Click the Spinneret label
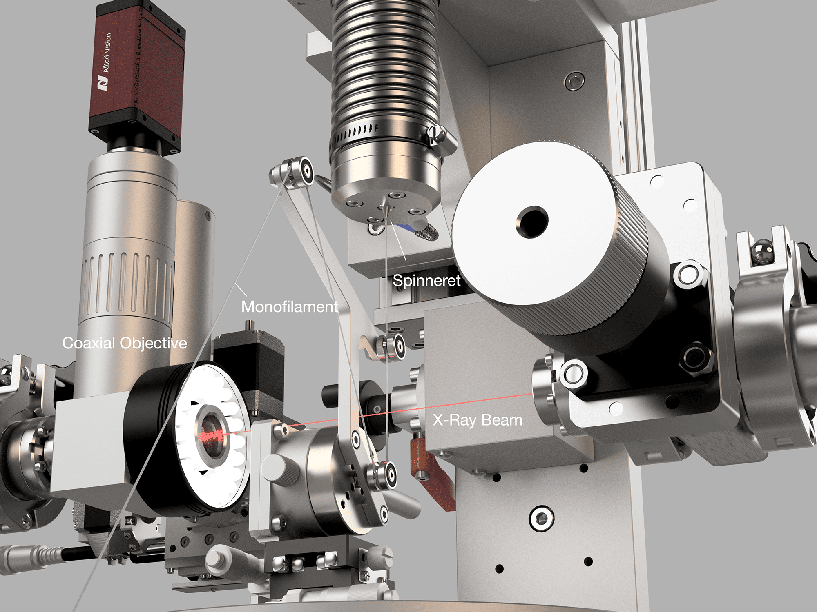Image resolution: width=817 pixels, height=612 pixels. click(x=426, y=281)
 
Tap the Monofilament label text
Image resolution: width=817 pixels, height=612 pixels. click(x=290, y=307)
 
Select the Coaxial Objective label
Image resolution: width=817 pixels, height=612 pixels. click(x=125, y=343)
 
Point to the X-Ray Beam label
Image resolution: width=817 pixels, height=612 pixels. click(x=478, y=420)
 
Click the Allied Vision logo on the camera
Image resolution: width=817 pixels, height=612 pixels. click(x=105, y=61)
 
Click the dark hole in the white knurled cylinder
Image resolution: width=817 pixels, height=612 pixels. click(x=532, y=222)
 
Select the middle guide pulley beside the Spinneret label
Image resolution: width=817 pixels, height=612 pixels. click(x=391, y=346)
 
